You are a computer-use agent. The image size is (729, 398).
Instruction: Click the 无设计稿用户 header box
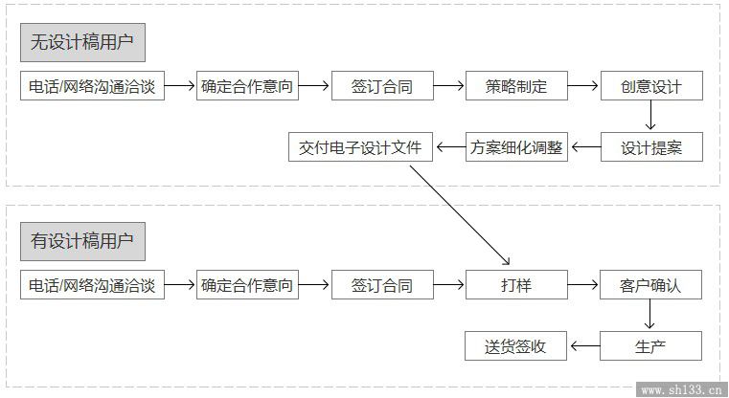(x=82, y=42)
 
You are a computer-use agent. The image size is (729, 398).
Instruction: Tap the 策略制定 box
(x=516, y=86)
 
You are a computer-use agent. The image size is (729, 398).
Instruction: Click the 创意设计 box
(x=650, y=86)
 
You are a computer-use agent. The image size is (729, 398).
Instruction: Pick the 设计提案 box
(x=650, y=147)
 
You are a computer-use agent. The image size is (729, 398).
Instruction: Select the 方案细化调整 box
(x=516, y=147)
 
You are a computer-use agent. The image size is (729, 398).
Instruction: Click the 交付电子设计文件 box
(x=360, y=147)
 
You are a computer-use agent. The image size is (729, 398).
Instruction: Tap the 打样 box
(x=516, y=285)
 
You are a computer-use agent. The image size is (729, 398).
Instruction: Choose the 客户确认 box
(x=650, y=285)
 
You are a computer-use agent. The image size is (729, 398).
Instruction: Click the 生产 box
(x=650, y=346)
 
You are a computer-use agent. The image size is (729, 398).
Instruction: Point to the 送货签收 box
(x=516, y=346)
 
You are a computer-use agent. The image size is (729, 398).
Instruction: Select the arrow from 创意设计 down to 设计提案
(x=650, y=117)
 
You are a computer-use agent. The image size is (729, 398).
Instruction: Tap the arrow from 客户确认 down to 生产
(x=650, y=316)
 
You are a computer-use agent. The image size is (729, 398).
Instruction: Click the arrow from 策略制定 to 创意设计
(x=583, y=86)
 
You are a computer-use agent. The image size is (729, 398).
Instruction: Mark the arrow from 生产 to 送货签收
(x=583, y=346)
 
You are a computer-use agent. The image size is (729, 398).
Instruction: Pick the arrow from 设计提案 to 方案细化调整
(x=583, y=147)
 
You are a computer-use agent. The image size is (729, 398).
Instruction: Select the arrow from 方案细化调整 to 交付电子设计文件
(x=449, y=147)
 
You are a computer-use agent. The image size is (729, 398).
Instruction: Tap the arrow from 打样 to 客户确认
(x=583, y=285)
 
